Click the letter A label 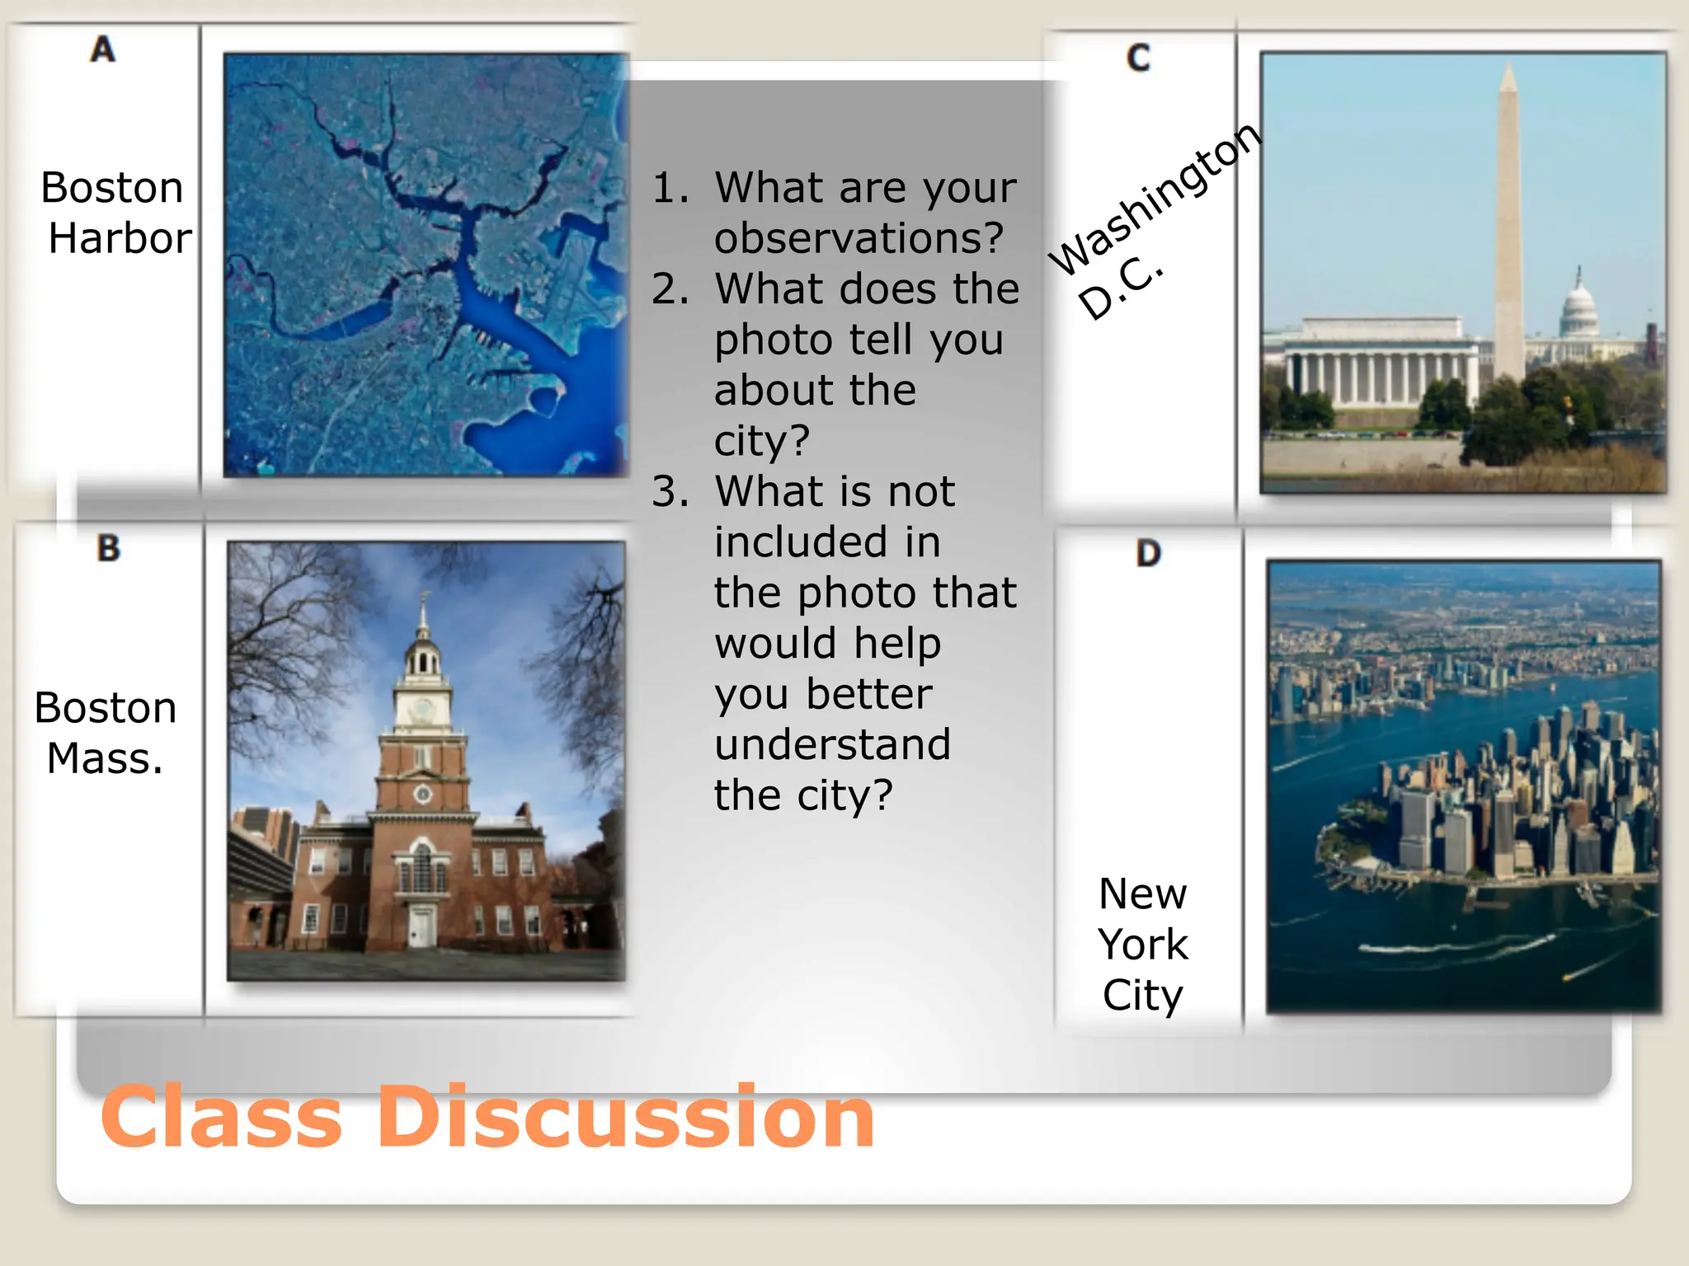(103, 49)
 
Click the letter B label (108, 548)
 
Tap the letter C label (1138, 58)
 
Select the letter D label (1148, 553)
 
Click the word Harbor (120, 238)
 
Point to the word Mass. (105, 758)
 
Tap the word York (1143, 945)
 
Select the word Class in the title (221, 1118)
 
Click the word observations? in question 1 (859, 238)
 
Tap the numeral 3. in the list (670, 492)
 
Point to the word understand (832, 744)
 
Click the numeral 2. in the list (670, 289)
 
